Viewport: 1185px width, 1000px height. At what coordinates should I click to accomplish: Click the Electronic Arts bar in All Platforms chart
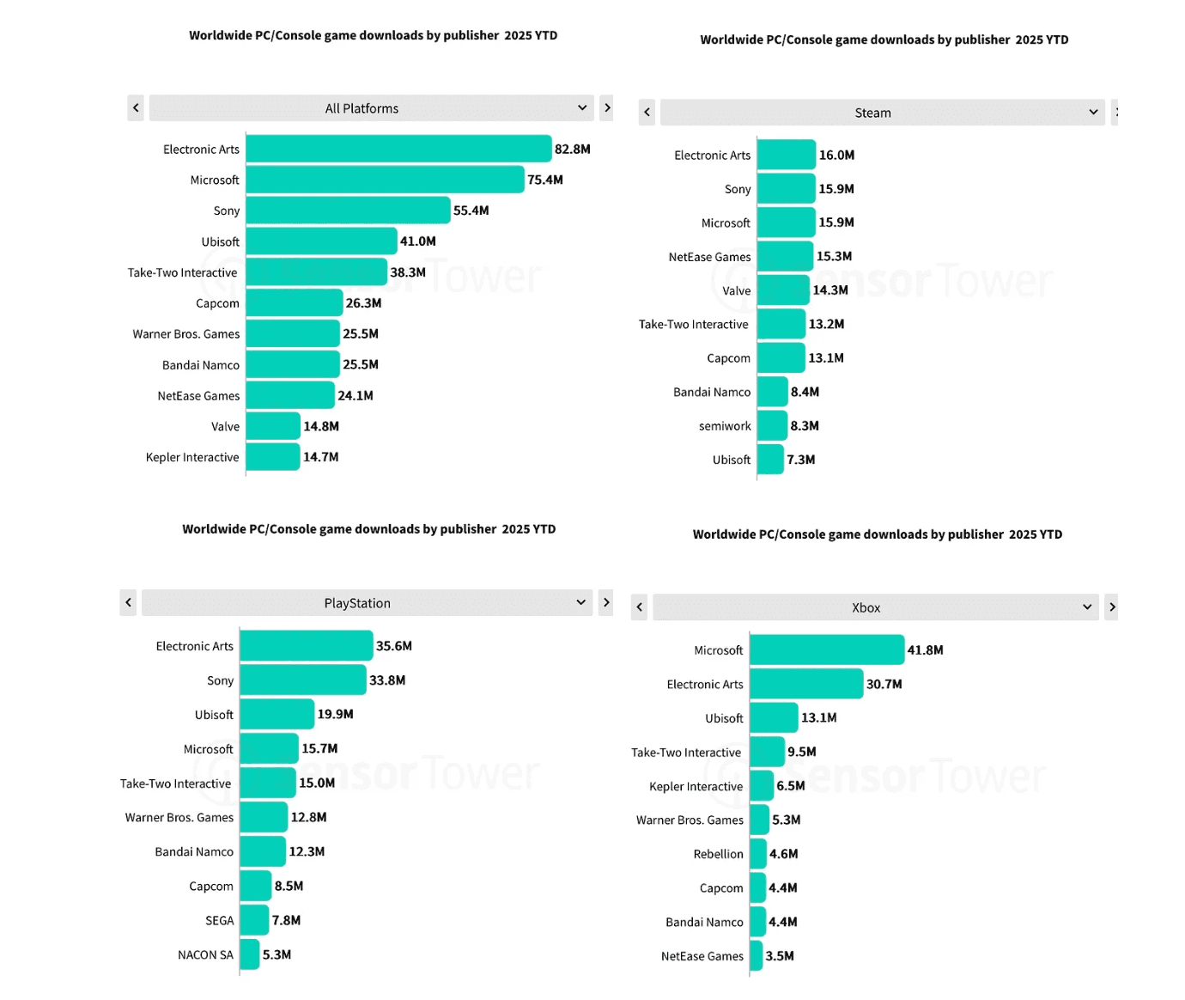pos(398,149)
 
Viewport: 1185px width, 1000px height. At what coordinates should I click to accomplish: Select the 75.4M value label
pos(545,180)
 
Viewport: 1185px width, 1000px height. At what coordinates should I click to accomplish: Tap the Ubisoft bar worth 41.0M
pos(321,241)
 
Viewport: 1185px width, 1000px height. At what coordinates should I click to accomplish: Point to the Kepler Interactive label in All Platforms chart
pos(192,457)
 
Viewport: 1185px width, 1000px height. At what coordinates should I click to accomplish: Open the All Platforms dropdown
pos(370,108)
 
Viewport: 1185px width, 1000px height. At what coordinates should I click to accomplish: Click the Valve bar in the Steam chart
pos(783,290)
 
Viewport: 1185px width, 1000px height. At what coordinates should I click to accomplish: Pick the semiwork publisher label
pos(725,426)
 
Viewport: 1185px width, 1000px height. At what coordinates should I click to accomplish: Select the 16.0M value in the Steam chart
pos(836,155)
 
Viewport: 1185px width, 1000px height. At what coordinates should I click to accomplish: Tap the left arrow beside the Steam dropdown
pos(647,113)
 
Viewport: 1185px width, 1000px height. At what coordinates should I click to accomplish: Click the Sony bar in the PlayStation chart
pos(302,680)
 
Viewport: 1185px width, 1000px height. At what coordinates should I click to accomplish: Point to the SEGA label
pos(219,921)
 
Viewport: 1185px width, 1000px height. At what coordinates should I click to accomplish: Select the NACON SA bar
pos(249,954)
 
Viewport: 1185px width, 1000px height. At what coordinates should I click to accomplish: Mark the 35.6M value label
pos(394,646)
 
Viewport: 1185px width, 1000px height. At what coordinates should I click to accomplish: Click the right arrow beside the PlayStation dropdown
pos(606,602)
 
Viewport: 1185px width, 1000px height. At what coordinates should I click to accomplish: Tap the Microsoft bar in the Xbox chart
pos(827,650)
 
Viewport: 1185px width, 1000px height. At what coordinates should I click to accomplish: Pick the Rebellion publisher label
pos(718,854)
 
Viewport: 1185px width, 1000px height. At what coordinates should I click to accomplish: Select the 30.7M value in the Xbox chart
pos(884,684)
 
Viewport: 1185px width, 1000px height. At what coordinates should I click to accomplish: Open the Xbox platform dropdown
pos(875,607)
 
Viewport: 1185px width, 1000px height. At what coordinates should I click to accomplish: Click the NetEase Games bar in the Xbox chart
pos(757,956)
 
